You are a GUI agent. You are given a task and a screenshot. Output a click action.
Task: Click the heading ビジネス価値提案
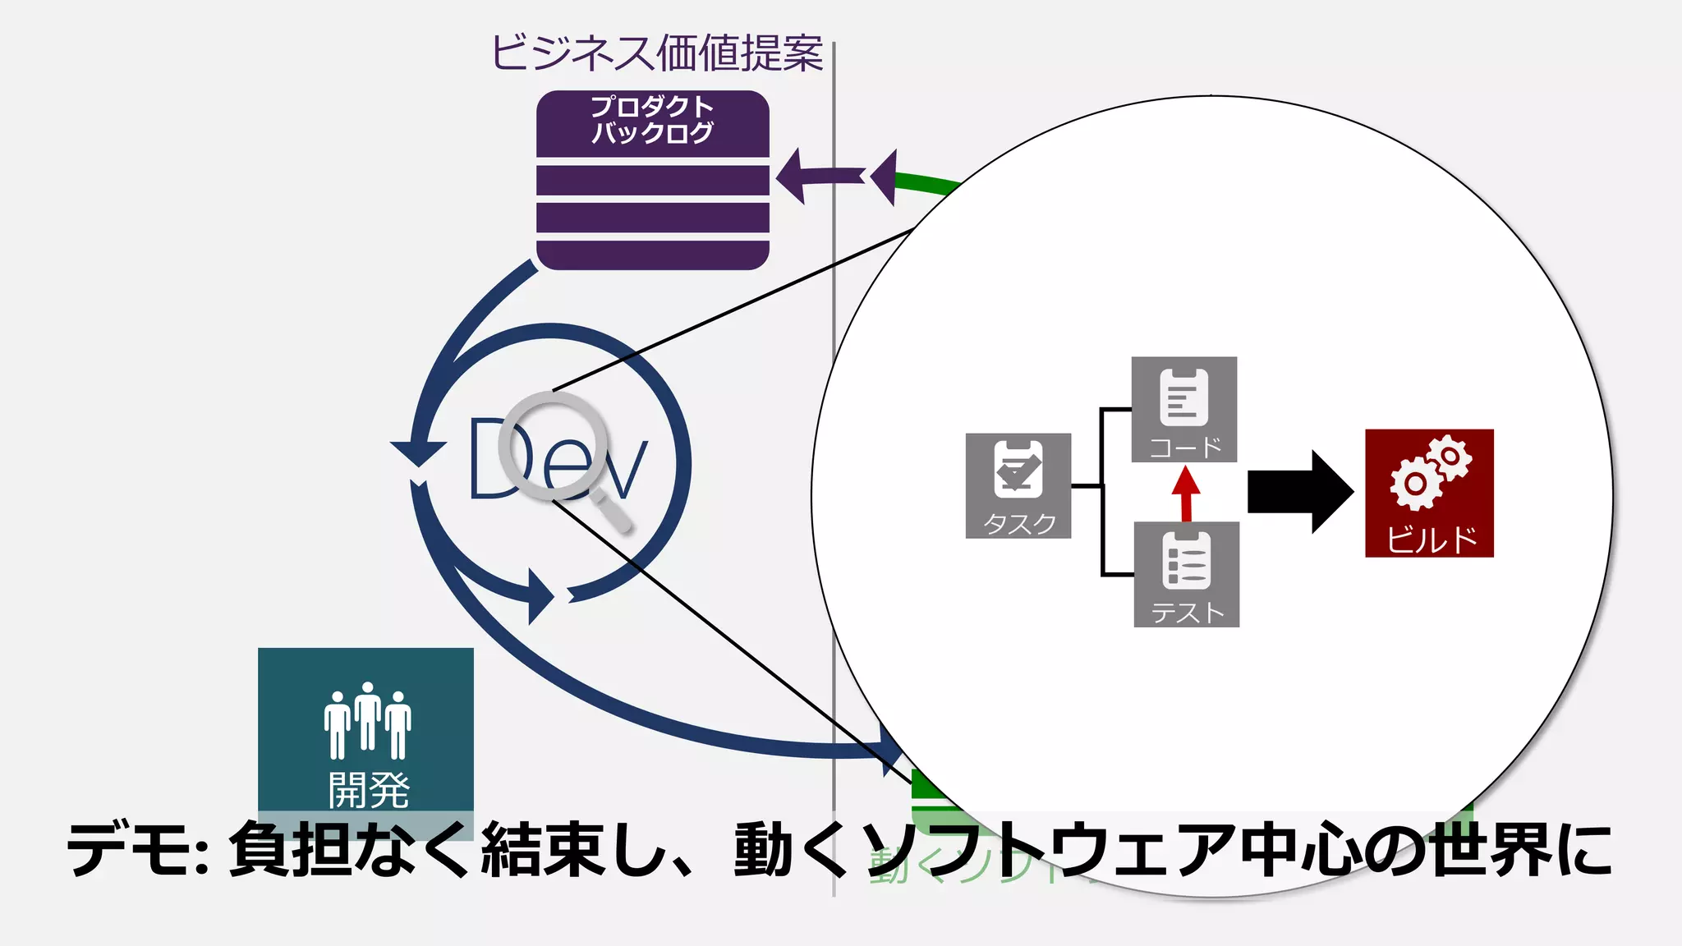pyautogui.click(x=657, y=53)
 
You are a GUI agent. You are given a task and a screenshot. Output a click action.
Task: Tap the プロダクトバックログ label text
pyautogui.click(x=652, y=120)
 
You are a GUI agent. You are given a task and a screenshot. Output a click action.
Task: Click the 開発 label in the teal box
pyautogui.click(x=369, y=789)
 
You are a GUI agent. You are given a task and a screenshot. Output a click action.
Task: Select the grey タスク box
pyautogui.click(x=1018, y=485)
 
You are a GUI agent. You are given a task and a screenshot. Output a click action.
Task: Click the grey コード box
pyautogui.click(x=1184, y=409)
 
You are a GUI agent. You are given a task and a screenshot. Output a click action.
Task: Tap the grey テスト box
pyautogui.click(x=1186, y=574)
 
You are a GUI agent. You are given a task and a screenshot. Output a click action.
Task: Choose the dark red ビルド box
pyautogui.click(x=1429, y=493)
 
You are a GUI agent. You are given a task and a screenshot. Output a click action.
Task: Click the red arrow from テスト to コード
pyautogui.click(x=1186, y=494)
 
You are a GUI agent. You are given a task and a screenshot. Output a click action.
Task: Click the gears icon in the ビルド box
pyautogui.click(x=1430, y=472)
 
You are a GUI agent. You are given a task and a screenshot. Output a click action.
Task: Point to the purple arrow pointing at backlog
pyautogui.click(x=817, y=176)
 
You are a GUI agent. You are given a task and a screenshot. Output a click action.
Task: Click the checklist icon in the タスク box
pyautogui.click(x=1018, y=469)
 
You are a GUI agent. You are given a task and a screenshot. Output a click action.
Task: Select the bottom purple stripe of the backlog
pyautogui.click(x=652, y=255)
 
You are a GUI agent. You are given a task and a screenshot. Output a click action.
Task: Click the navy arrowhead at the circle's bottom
pyautogui.click(x=540, y=596)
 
